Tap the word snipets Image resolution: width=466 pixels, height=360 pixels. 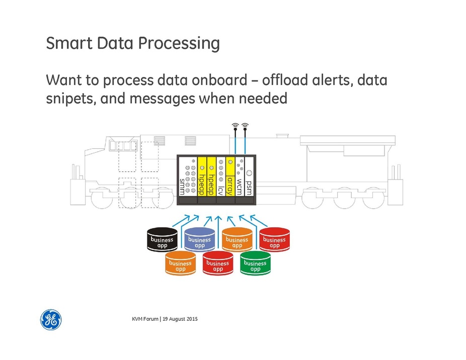click(68, 99)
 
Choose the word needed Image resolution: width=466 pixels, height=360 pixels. click(259, 98)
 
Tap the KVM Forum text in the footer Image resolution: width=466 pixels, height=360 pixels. click(145, 320)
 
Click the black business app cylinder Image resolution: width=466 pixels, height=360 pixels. click(162, 240)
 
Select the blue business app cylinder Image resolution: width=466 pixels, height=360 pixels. click(199, 240)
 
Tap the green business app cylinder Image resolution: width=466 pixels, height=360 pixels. click(255, 263)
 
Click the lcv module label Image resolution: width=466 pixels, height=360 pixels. click(220, 190)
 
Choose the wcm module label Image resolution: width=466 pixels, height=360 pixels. click(240, 186)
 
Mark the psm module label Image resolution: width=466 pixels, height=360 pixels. click(249, 188)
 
